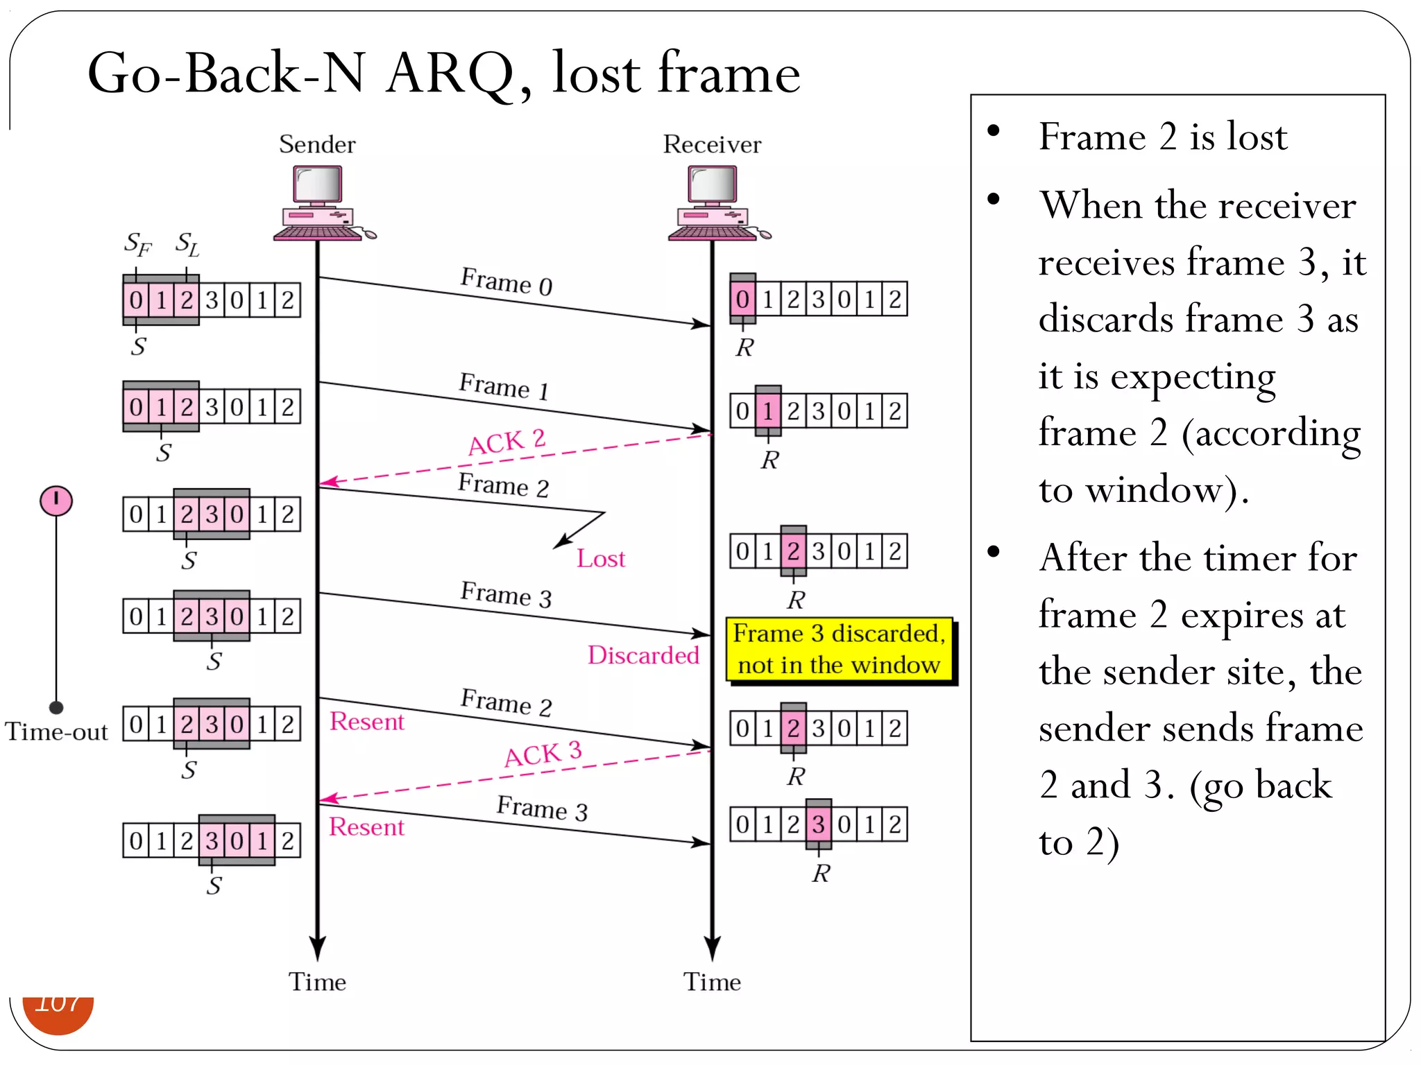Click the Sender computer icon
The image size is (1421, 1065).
click(321, 202)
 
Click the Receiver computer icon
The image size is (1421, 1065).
click(715, 202)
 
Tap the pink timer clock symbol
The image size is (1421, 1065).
click(56, 500)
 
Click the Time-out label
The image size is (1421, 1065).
click(56, 731)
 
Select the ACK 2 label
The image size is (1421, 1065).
click(507, 442)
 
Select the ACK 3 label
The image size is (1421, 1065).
click(543, 754)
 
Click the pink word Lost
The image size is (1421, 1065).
click(601, 559)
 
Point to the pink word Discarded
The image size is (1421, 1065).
click(643, 655)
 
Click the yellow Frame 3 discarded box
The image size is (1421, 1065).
click(839, 650)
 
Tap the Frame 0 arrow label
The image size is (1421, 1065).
click(507, 282)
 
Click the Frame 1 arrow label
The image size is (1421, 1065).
click(504, 386)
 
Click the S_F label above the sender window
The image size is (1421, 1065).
click(137, 243)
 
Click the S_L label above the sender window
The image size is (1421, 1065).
click(187, 243)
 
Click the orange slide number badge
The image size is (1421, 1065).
click(58, 1013)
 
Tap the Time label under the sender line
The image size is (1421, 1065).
click(317, 982)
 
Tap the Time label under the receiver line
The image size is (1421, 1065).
click(712, 982)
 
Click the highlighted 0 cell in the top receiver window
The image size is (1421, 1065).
click(742, 300)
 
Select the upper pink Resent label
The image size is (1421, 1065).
click(366, 722)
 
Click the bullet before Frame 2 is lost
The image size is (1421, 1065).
click(994, 130)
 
